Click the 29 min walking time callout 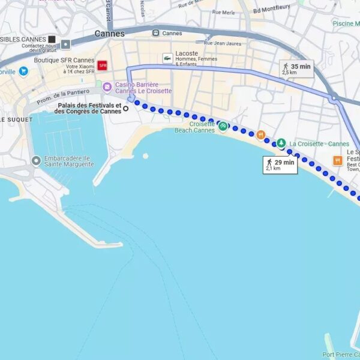(x=280, y=165)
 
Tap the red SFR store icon (x=103, y=65)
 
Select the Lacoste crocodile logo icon (x=167, y=58)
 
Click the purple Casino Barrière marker (x=107, y=87)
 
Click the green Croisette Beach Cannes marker (x=223, y=126)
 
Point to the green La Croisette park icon (x=281, y=143)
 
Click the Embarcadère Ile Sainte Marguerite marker (x=36, y=160)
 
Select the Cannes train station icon (x=156, y=33)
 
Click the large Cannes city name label (x=110, y=34)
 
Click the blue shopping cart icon (x=23, y=71)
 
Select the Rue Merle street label (x=223, y=12)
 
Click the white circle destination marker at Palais (x=126, y=109)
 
